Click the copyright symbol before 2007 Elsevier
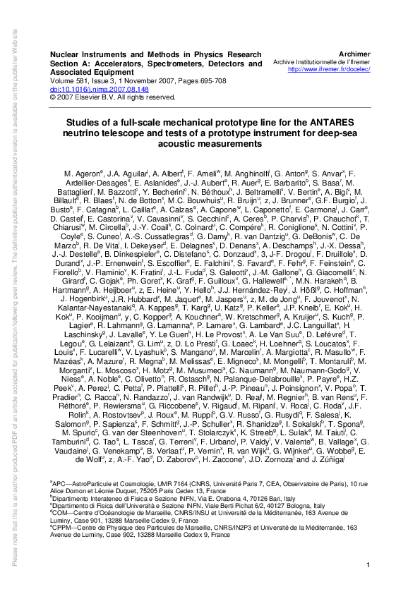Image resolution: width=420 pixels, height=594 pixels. tap(53, 98)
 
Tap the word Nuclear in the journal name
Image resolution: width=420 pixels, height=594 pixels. tap(66, 54)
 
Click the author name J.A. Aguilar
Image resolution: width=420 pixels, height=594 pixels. tap(132, 173)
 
